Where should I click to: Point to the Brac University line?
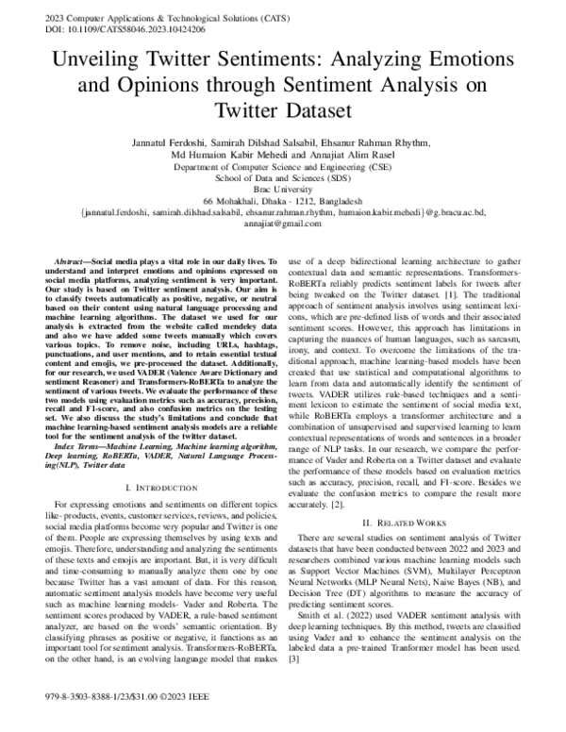(282, 189)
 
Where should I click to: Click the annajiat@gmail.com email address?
(282, 225)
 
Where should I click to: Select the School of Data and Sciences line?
(282, 176)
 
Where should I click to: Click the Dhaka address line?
(282, 201)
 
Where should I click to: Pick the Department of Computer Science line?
(282, 165)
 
